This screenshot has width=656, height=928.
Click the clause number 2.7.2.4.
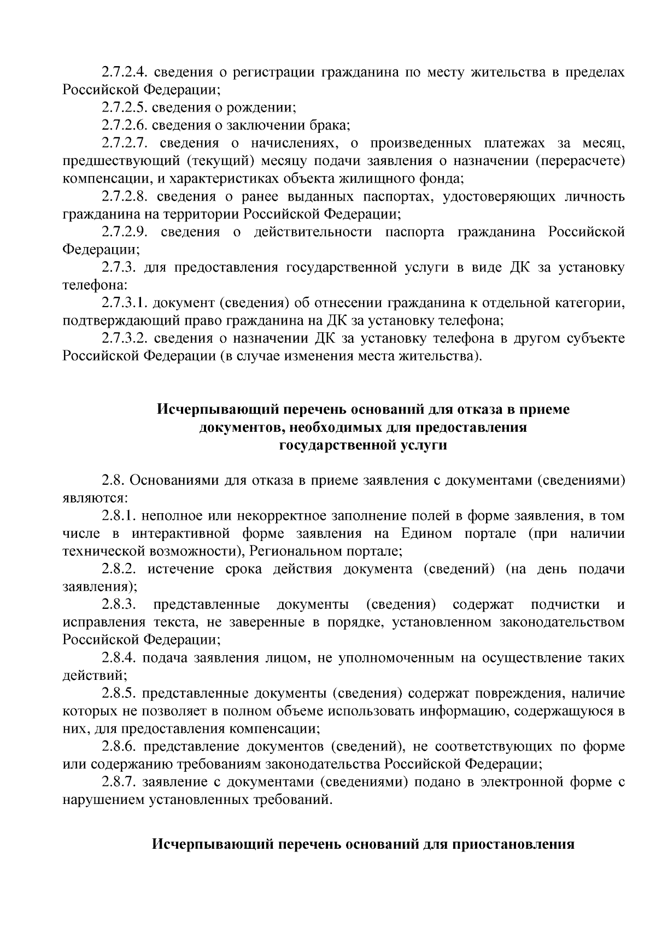pyautogui.click(x=124, y=72)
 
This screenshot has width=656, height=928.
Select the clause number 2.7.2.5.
pyautogui.click(x=124, y=108)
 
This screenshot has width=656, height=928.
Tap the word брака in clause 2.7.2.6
pyautogui.click(x=330, y=126)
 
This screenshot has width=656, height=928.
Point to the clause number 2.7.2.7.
pyautogui.click(x=124, y=144)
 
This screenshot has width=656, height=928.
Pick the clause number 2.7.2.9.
pyautogui.click(x=124, y=232)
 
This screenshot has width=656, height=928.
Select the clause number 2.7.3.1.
pyautogui.click(x=124, y=303)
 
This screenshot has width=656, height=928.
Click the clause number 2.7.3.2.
pyautogui.click(x=124, y=339)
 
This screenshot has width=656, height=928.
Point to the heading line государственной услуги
pyautogui.click(x=363, y=445)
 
